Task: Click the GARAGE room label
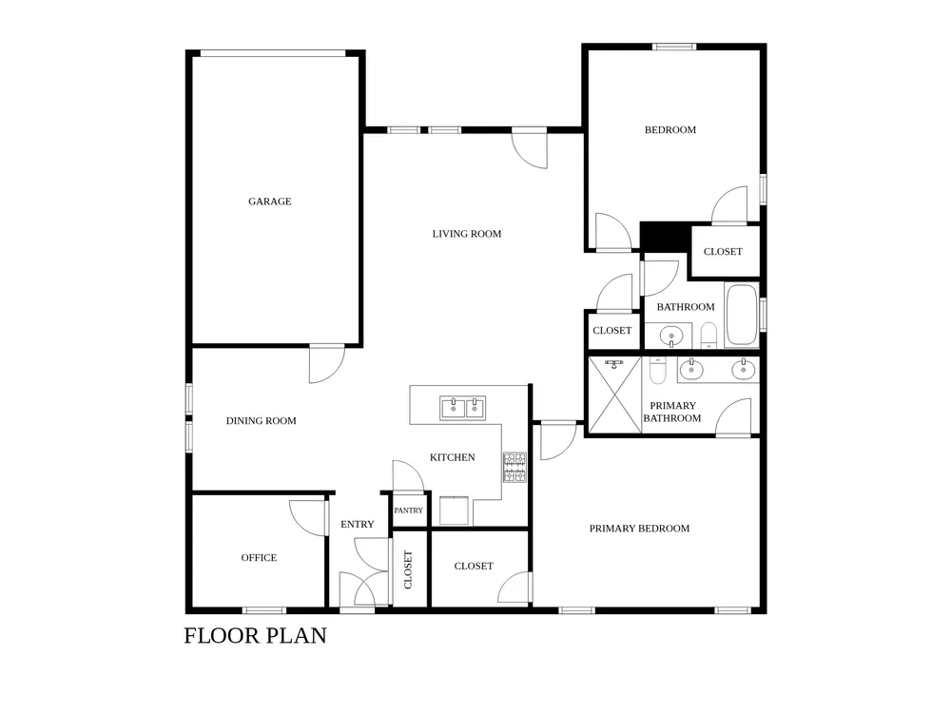(270, 202)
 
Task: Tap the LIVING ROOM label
(467, 234)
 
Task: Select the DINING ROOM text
(262, 421)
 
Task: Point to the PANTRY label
(408, 511)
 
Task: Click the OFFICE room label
(259, 558)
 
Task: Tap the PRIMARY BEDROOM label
(639, 529)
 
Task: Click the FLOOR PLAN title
(255, 635)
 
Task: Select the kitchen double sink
(463, 408)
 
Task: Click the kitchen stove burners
(514, 468)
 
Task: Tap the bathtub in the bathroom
(742, 316)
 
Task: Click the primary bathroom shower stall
(615, 395)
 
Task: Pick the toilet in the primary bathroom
(658, 370)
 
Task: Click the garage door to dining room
(327, 364)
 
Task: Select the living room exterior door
(530, 148)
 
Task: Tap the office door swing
(307, 518)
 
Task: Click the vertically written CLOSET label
(408, 569)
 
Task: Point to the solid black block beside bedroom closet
(666, 237)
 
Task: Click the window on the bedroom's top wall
(674, 47)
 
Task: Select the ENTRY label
(358, 525)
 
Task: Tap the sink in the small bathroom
(670, 336)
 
